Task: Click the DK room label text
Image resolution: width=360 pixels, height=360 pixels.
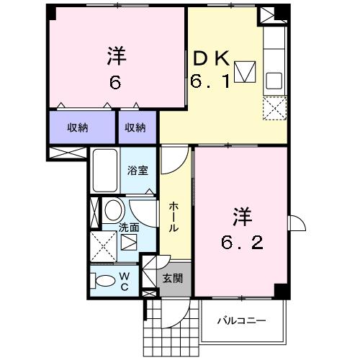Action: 211,58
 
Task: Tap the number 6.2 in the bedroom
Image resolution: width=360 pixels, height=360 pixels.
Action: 242,242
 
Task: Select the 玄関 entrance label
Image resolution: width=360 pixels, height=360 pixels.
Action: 173,278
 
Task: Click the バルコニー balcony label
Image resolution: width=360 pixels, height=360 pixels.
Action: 242,320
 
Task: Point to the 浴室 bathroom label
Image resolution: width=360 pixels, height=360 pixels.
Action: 138,170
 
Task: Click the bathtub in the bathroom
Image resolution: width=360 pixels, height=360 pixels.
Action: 105,171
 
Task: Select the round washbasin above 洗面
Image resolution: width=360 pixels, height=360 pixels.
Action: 114,210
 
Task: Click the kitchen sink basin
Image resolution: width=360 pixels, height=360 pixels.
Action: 274,81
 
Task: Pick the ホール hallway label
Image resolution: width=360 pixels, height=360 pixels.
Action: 174,217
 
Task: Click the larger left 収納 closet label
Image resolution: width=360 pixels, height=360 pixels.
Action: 77,127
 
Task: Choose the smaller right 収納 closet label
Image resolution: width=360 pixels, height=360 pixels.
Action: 135,127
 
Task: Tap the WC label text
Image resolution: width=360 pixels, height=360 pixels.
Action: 125,282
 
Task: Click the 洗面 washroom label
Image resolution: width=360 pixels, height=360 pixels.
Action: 129,228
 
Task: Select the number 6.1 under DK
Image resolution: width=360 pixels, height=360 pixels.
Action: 210,81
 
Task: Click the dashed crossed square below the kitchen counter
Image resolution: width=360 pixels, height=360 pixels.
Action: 275,108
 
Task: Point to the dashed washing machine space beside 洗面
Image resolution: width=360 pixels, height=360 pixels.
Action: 103,246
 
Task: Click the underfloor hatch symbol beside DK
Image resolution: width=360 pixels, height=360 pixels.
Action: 245,72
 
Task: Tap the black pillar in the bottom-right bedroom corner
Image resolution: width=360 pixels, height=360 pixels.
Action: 282,291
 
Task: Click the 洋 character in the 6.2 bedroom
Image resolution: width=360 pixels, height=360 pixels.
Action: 242,217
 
